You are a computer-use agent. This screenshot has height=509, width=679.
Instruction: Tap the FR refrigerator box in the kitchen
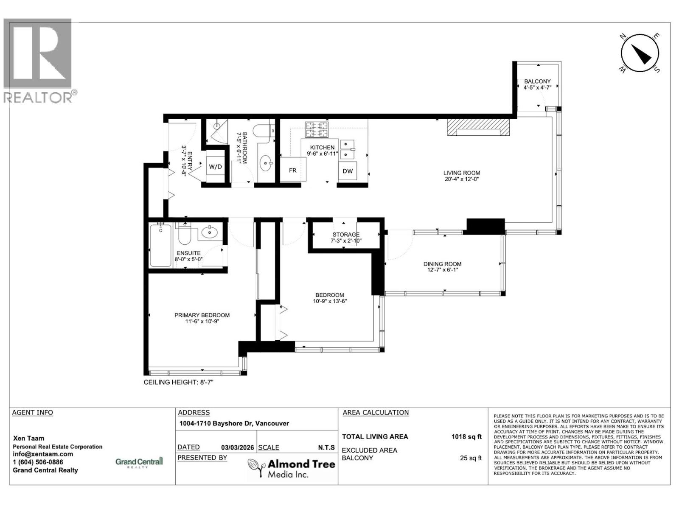(293, 170)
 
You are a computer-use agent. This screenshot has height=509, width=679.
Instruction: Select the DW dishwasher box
(348, 171)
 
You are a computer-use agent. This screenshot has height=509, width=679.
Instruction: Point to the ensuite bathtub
(160, 246)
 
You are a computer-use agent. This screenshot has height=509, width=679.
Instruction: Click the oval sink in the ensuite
(209, 232)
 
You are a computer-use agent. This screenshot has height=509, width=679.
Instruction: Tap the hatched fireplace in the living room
(478, 127)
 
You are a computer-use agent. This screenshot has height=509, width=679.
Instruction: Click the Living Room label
(462, 173)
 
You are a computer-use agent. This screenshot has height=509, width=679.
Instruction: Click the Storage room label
(346, 235)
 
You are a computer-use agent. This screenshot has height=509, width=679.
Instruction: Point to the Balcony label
(537, 81)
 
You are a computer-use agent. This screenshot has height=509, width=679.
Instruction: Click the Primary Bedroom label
(202, 315)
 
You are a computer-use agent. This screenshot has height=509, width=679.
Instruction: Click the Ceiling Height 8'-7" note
(178, 382)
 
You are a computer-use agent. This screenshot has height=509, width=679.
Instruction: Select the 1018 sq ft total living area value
(466, 436)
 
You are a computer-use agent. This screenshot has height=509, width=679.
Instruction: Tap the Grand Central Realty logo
(139, 462)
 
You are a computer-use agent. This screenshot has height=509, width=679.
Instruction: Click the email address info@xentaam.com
(43, 454)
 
